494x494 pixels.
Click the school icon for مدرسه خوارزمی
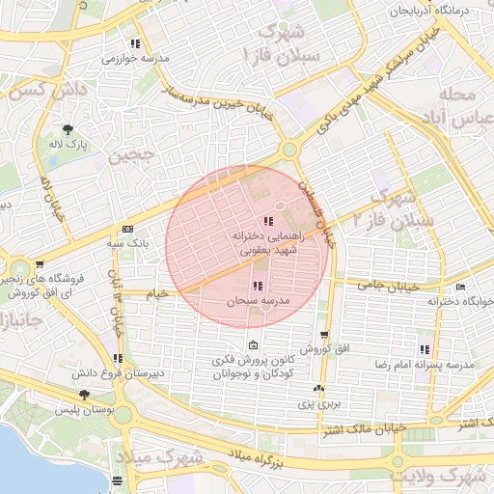136,43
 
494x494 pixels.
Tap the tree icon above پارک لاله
68,128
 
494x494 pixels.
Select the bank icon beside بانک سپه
127,229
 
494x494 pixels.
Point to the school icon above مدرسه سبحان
257,286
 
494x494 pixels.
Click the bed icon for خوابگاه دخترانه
461,288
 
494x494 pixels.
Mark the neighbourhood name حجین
130,155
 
